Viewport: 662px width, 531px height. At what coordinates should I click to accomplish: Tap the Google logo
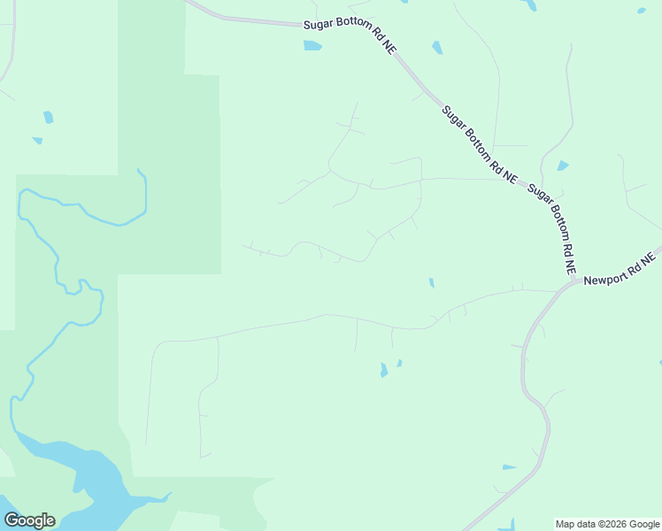pos(29,520)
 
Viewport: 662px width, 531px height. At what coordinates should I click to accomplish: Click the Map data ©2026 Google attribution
pos(608,524)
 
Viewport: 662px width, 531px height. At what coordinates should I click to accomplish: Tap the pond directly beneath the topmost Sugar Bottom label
pos(312,45)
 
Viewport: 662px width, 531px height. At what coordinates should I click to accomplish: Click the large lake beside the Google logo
pos(89,478)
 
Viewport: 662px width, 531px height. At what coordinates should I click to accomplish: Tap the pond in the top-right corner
pos(641,11)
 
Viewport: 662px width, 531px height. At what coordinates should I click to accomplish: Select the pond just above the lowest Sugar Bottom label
pos(562,165)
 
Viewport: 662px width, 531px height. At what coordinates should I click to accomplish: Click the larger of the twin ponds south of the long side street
pos(383,370)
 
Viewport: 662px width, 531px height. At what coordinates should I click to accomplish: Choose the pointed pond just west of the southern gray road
pos(508,466)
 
